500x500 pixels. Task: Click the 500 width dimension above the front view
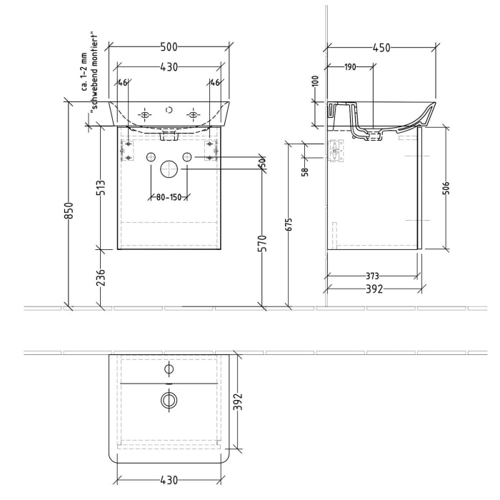pyautogui.click(x=169, y=47)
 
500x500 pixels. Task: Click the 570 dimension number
pyautogui.click(x=262, y=243)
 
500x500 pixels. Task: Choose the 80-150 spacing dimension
pyautogui.click(x=168, y=196)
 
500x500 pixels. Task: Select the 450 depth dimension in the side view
pyautogui.click(x=381, y=48)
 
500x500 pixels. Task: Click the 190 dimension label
pyautogui.click(x=350, y=67)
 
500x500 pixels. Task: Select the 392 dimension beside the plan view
pyautogui.click(x=239, y=404)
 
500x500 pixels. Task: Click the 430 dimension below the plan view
pyautogui.click(x=169, y=481)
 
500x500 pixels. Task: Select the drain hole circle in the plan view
pyautogui.click(x=169, y=401)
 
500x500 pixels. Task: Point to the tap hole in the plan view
pyautogui.click(x=169, y=369)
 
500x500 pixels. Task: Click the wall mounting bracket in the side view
pyautogui.click(x=336, y=151)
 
